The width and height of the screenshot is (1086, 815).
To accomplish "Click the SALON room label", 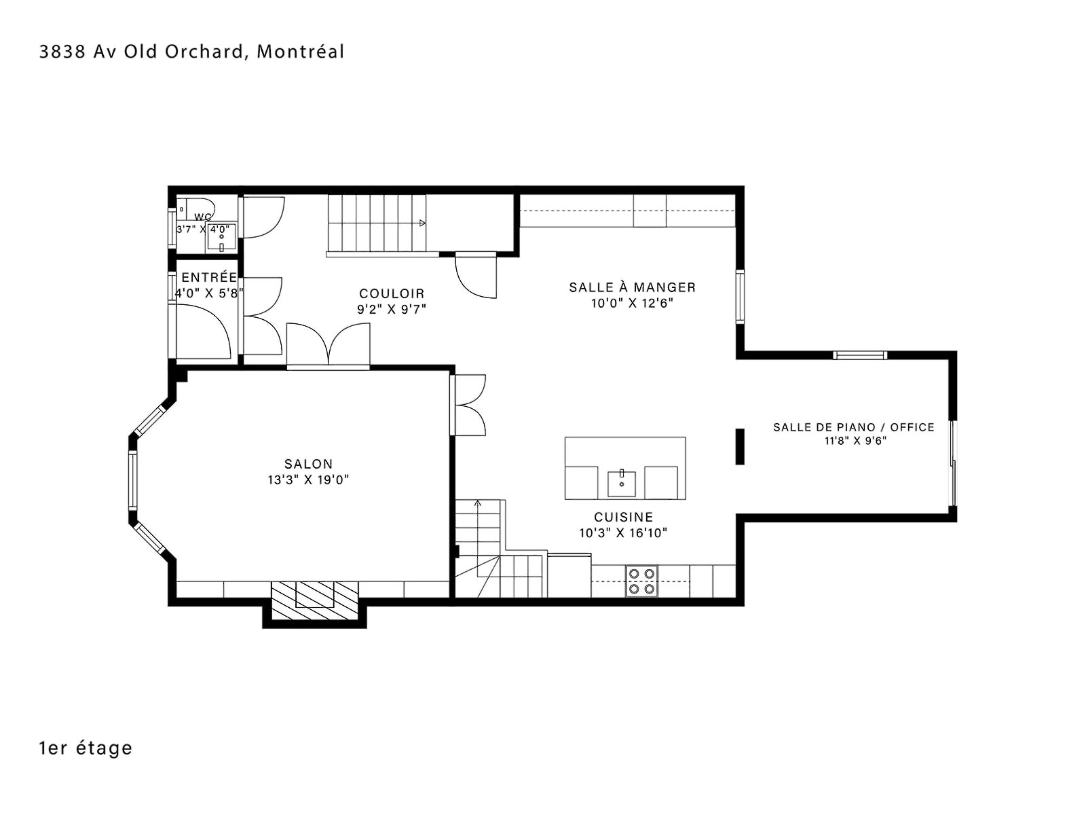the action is point(307,464).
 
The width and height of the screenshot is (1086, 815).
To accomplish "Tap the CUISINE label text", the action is point(623,517).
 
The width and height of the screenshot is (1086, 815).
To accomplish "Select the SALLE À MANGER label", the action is point(632,287).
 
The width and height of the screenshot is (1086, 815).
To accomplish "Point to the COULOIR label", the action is point(392,293).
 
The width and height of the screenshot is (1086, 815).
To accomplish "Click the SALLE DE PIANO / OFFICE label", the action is point(853,427).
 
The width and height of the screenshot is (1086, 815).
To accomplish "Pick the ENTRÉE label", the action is point(209,277).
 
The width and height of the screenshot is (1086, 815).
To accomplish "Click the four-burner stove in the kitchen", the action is point(641,581).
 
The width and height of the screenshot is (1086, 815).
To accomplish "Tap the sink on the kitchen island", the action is point(622,484).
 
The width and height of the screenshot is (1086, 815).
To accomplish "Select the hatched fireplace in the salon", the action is point(315,601).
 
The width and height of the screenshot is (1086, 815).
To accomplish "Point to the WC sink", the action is point(221,238).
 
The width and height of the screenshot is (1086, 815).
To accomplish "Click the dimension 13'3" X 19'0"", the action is point(308,479).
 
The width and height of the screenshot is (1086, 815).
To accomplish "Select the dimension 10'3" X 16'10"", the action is point(623,533).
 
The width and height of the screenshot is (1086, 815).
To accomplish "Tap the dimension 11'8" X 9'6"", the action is point(855,440).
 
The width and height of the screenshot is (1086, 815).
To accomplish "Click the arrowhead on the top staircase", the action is point(423,223).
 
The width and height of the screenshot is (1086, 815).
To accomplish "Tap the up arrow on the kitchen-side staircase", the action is point(477,504).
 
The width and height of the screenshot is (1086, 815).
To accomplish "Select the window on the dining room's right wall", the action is point(740,297).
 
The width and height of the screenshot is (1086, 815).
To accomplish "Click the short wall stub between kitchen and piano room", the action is point(740,446).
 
